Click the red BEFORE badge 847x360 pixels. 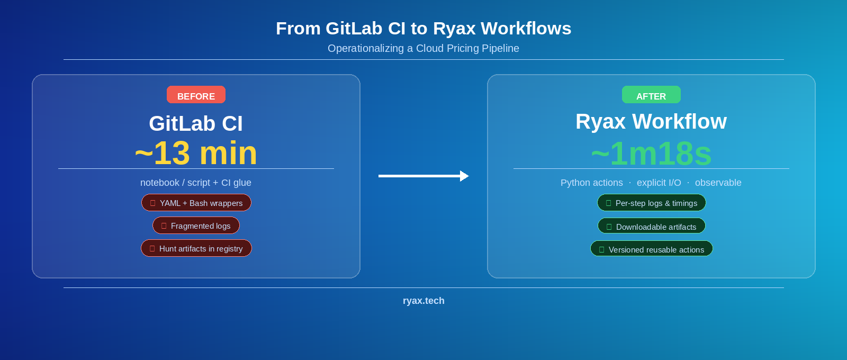click(x=196, y=95)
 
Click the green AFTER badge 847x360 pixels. click(x=651, y=95)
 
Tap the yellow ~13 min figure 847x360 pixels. click(x=196, y=153)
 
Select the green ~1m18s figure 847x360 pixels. click(x=651, y=154)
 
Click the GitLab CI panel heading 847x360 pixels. click(x=196, y=123)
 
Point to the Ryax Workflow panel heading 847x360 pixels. click(x=651, y=121)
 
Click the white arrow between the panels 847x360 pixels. click(x=424, y=176)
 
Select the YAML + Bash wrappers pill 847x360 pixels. click(x=196, y=203)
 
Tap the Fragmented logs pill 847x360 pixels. click(x=196, y=226)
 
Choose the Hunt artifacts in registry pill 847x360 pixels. click(x=196, y=248)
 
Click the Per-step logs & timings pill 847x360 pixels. click(x=651, y=203)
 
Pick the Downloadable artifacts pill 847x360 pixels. click(x=651, y=226)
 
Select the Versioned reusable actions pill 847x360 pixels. click(x=651, y=249)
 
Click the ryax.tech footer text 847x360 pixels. click(x=424, y=301)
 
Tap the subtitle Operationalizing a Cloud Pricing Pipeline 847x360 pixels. click(x=424, y=48)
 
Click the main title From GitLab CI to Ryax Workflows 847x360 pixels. click(x=424, y=29)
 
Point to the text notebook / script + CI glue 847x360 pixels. click(x=196, y=183)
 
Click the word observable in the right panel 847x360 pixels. click(x=718, y=183)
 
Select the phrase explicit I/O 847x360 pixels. click(x=659, y=183)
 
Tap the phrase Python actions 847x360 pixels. click(x=591, y=183)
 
